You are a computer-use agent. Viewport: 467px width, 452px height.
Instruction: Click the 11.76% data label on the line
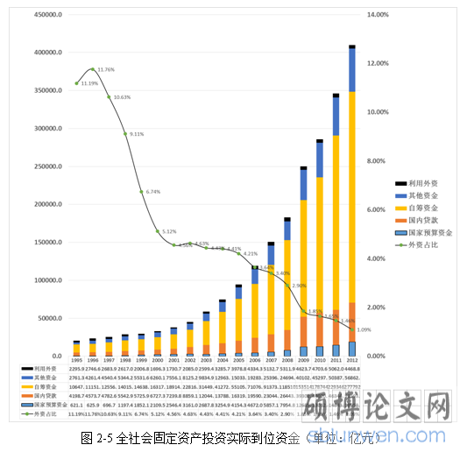tap(106, 69)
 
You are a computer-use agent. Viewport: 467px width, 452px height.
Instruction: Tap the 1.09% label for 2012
tap(364, 329)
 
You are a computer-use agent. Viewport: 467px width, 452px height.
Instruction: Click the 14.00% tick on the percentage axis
tap(379, 16)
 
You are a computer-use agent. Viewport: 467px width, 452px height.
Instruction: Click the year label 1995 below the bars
tap(77, 361)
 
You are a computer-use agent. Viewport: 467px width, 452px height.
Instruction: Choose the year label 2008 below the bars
tap(287, 361)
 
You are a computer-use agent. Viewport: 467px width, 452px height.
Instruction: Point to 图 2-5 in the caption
tap(94, 437)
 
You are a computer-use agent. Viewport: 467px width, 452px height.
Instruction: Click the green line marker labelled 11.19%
tap(77, 84)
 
